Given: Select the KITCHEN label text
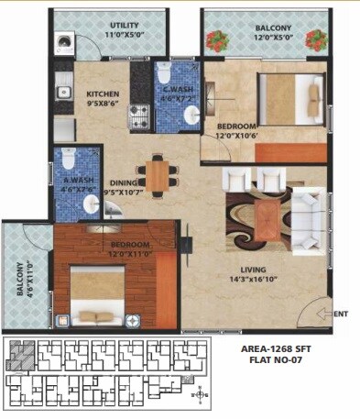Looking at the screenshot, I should point(104,94).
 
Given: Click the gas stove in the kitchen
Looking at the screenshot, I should point(138,116).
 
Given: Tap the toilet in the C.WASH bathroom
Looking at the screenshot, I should point(163,72).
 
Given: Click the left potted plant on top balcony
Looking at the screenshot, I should point(216,40).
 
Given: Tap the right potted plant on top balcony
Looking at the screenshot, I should point(317,39).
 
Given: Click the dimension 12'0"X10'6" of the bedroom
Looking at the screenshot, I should point(239,137).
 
